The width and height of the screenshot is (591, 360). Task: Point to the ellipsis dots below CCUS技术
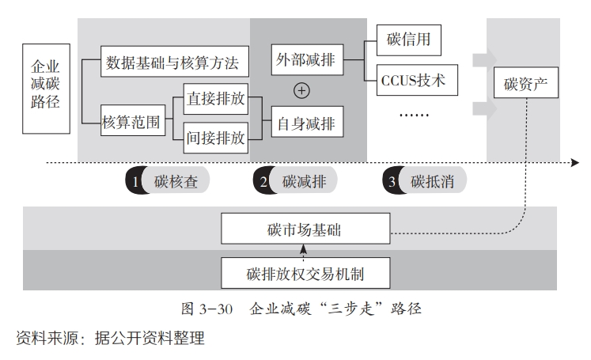click(414, 115)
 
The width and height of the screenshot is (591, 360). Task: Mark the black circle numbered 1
click(134, 180)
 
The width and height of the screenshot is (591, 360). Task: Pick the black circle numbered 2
click(263, 180)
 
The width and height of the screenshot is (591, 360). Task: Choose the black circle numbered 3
click(392, 180)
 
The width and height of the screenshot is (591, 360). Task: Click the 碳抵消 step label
click(432, 182)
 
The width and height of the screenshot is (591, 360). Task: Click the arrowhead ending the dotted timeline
click(575, 163)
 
